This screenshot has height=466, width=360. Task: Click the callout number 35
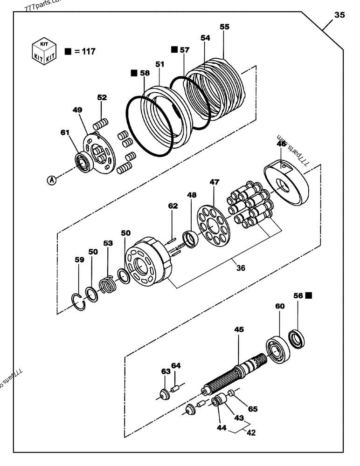pyautogui.click(x=340, y=15)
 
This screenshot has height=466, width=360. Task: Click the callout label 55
pyautogui.click(x=224, y=27)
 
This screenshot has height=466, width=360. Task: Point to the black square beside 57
pyautogui.click(x=174, y=49)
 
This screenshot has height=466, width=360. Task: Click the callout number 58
pyautogui.click(x=145, y=73)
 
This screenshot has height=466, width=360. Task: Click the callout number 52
pyautogui.click(x=102, y=97)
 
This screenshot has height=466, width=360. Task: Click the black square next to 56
pyautogui.click(x=309, y=295)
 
